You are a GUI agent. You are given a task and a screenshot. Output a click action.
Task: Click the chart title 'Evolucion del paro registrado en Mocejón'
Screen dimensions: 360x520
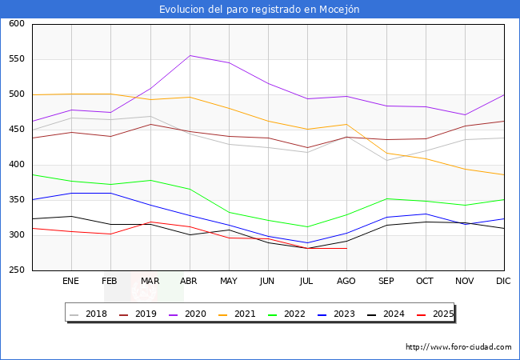259,10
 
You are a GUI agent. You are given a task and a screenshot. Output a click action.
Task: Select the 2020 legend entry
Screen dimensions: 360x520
190,314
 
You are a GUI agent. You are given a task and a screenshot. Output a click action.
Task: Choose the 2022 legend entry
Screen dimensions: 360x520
294,314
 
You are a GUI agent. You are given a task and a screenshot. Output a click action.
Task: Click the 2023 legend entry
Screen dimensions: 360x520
346,314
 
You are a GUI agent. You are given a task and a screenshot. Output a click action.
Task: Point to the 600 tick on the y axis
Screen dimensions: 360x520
16,24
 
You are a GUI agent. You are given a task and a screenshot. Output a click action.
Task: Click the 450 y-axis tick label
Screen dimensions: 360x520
16,130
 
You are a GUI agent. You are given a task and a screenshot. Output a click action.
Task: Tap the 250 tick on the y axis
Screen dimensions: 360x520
16,270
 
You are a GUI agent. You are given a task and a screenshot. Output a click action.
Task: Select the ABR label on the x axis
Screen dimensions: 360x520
189,281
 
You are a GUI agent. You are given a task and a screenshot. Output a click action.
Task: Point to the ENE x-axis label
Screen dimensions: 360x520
70,281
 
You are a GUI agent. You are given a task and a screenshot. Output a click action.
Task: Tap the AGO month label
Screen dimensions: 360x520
346,281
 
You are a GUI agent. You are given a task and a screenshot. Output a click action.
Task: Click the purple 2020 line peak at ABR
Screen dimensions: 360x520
190,55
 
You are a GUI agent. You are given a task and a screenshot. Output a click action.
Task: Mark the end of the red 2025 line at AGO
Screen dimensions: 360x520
346,248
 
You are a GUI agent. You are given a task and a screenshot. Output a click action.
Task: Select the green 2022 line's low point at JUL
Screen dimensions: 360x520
307,226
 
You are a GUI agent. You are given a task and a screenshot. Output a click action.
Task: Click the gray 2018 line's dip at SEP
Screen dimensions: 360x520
386,160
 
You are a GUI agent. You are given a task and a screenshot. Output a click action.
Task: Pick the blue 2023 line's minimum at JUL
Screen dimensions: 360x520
307,242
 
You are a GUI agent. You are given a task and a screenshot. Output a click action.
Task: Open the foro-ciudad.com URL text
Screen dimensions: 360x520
458,347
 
